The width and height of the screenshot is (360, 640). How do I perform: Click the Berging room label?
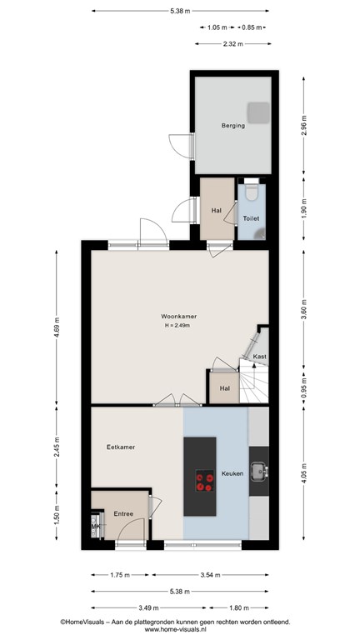tap(233, 126)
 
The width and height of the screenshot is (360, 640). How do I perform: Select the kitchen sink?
tap(259, 472)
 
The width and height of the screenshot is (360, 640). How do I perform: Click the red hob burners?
tap(204, 481)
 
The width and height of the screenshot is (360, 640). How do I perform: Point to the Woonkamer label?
tap(179, 317)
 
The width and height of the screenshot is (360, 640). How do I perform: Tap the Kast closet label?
tap(260, 357)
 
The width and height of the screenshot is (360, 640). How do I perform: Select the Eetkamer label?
tap(121, 447)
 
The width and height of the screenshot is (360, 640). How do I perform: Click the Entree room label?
tap(123, 514)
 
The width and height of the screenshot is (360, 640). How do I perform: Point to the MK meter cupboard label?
tap(95, 527)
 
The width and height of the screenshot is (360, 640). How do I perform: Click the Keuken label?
tap(232, 473)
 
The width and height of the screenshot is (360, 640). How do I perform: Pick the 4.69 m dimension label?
tap(57, 327)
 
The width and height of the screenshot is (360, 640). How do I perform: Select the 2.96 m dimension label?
tap(304, 126)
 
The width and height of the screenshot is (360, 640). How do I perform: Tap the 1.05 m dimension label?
tap(217, 27)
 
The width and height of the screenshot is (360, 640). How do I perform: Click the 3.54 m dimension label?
tap(210, 575)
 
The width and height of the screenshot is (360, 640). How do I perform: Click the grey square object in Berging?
tap(258, 112)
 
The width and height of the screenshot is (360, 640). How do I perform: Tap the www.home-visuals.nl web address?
tap(176, 629)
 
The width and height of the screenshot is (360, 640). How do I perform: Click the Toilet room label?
tap(251, 219)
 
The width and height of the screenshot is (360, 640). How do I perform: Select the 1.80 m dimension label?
tap(239, 607)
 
